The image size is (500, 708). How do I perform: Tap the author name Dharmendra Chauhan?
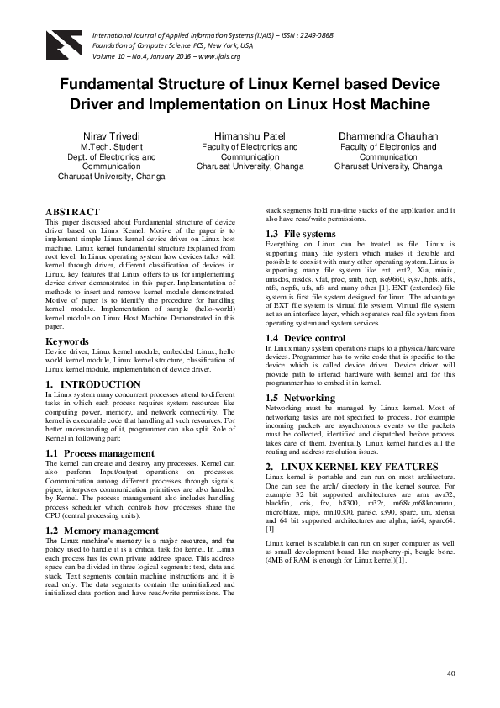(388, 135)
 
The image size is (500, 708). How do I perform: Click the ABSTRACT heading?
(72, 212)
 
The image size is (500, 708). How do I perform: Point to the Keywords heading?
(66, 341)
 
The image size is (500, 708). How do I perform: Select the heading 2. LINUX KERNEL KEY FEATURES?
(351, 466)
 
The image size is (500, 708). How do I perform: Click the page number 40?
(450, 673)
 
